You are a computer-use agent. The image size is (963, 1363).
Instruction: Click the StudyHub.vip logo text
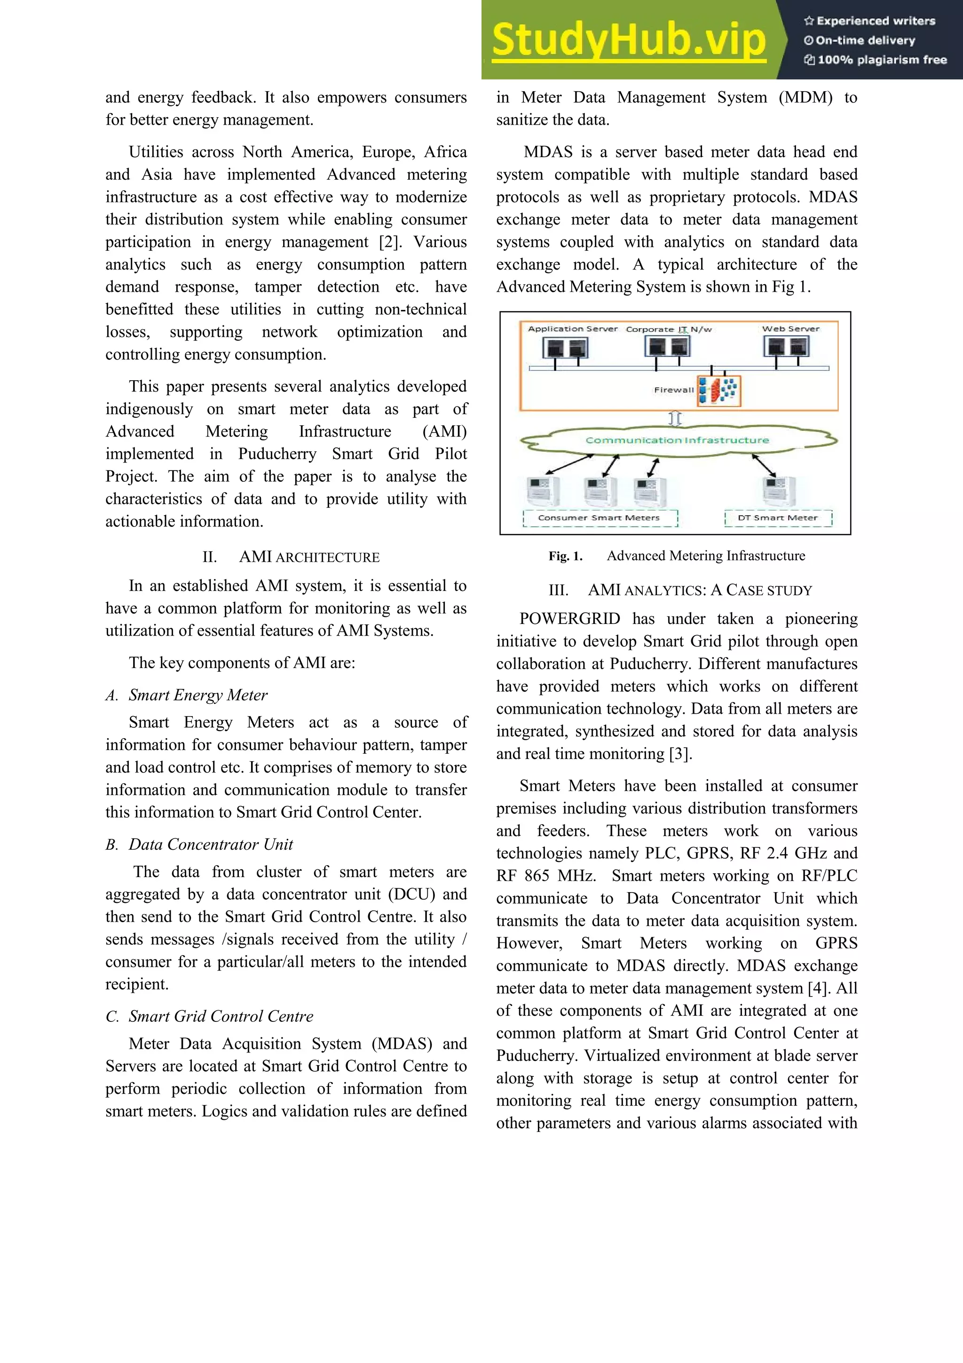click(629, 40)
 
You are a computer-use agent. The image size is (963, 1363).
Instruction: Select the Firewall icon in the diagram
click(719, 391)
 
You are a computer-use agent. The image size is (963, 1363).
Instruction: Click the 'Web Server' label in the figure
click(790, 328)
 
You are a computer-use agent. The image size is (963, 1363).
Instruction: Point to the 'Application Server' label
click(573, 328)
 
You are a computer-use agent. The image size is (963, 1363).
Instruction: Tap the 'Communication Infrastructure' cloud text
click(677, 440)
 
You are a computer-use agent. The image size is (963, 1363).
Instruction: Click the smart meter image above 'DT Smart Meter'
click(778, 491)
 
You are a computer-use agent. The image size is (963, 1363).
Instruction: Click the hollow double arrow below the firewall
click(675, 419)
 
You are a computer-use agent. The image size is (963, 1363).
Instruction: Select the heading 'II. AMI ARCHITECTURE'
click(291, 557)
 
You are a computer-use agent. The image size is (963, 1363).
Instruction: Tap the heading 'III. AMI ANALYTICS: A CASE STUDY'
click(680, 590)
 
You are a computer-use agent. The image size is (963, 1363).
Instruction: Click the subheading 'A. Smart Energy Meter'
click(186, 695)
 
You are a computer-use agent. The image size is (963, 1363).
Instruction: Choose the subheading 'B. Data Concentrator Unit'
click(199, 844)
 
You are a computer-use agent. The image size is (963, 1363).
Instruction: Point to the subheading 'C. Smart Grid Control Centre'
click(209, 1016)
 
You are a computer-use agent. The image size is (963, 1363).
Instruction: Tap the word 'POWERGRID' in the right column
click(569, 619)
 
